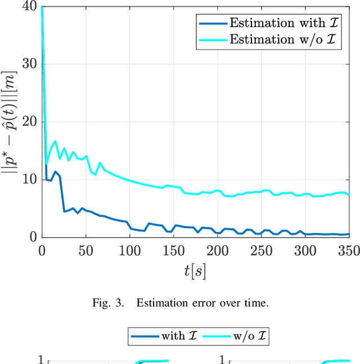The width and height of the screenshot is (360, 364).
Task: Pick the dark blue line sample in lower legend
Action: tap(144, 336)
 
